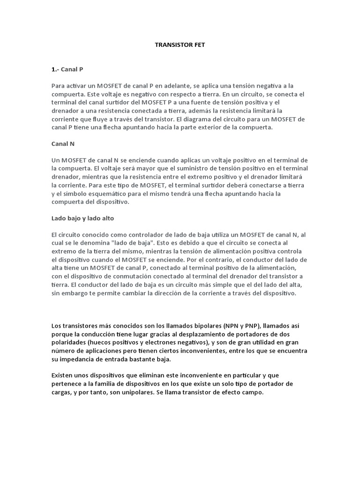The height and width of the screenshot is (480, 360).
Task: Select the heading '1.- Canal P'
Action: [67, 69]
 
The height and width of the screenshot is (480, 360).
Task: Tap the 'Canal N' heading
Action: [63, 143]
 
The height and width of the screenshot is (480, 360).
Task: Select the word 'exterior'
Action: [205, 127]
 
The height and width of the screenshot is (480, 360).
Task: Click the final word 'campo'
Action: [254, 392]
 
